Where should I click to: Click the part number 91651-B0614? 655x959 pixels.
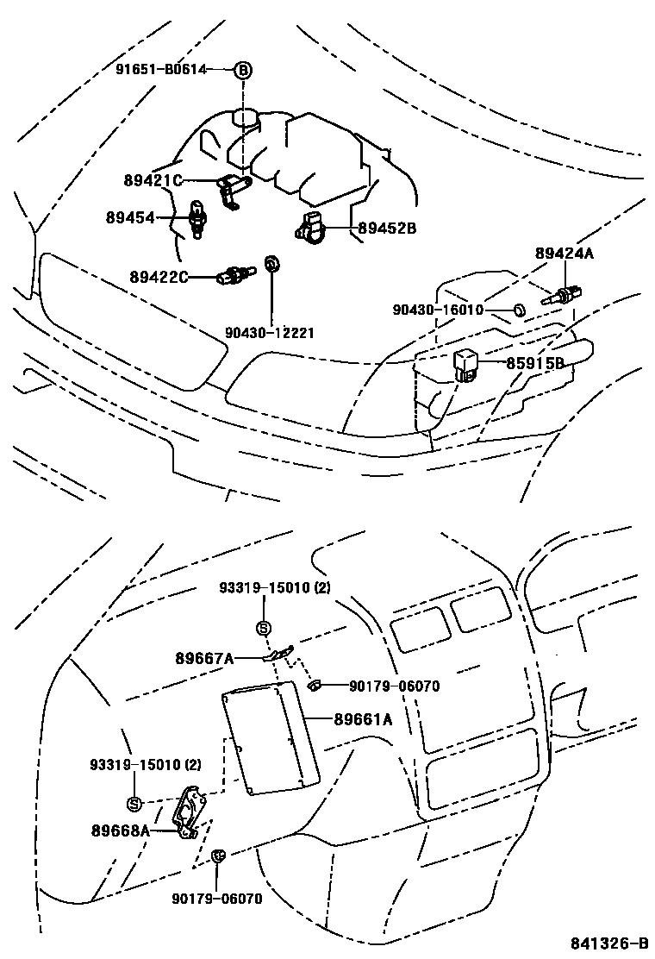(161, 70)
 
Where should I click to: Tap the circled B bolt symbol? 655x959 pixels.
(243, 70)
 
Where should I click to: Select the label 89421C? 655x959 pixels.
(153, 180)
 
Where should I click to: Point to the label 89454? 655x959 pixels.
(130, 218)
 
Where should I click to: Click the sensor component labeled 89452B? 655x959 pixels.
(312, 226)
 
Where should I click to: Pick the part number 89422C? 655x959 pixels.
(159, 277)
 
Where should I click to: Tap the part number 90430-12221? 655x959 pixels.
(269, 332)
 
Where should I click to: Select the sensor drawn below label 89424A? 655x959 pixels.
(558, 294)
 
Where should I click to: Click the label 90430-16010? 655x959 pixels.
(437, 309)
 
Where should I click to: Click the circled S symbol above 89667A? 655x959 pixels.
(264, 627)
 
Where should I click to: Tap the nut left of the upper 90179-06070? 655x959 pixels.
(314, 686)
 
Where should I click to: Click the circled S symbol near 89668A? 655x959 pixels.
(134, 804)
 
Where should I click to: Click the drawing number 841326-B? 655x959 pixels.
(608, 943)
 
